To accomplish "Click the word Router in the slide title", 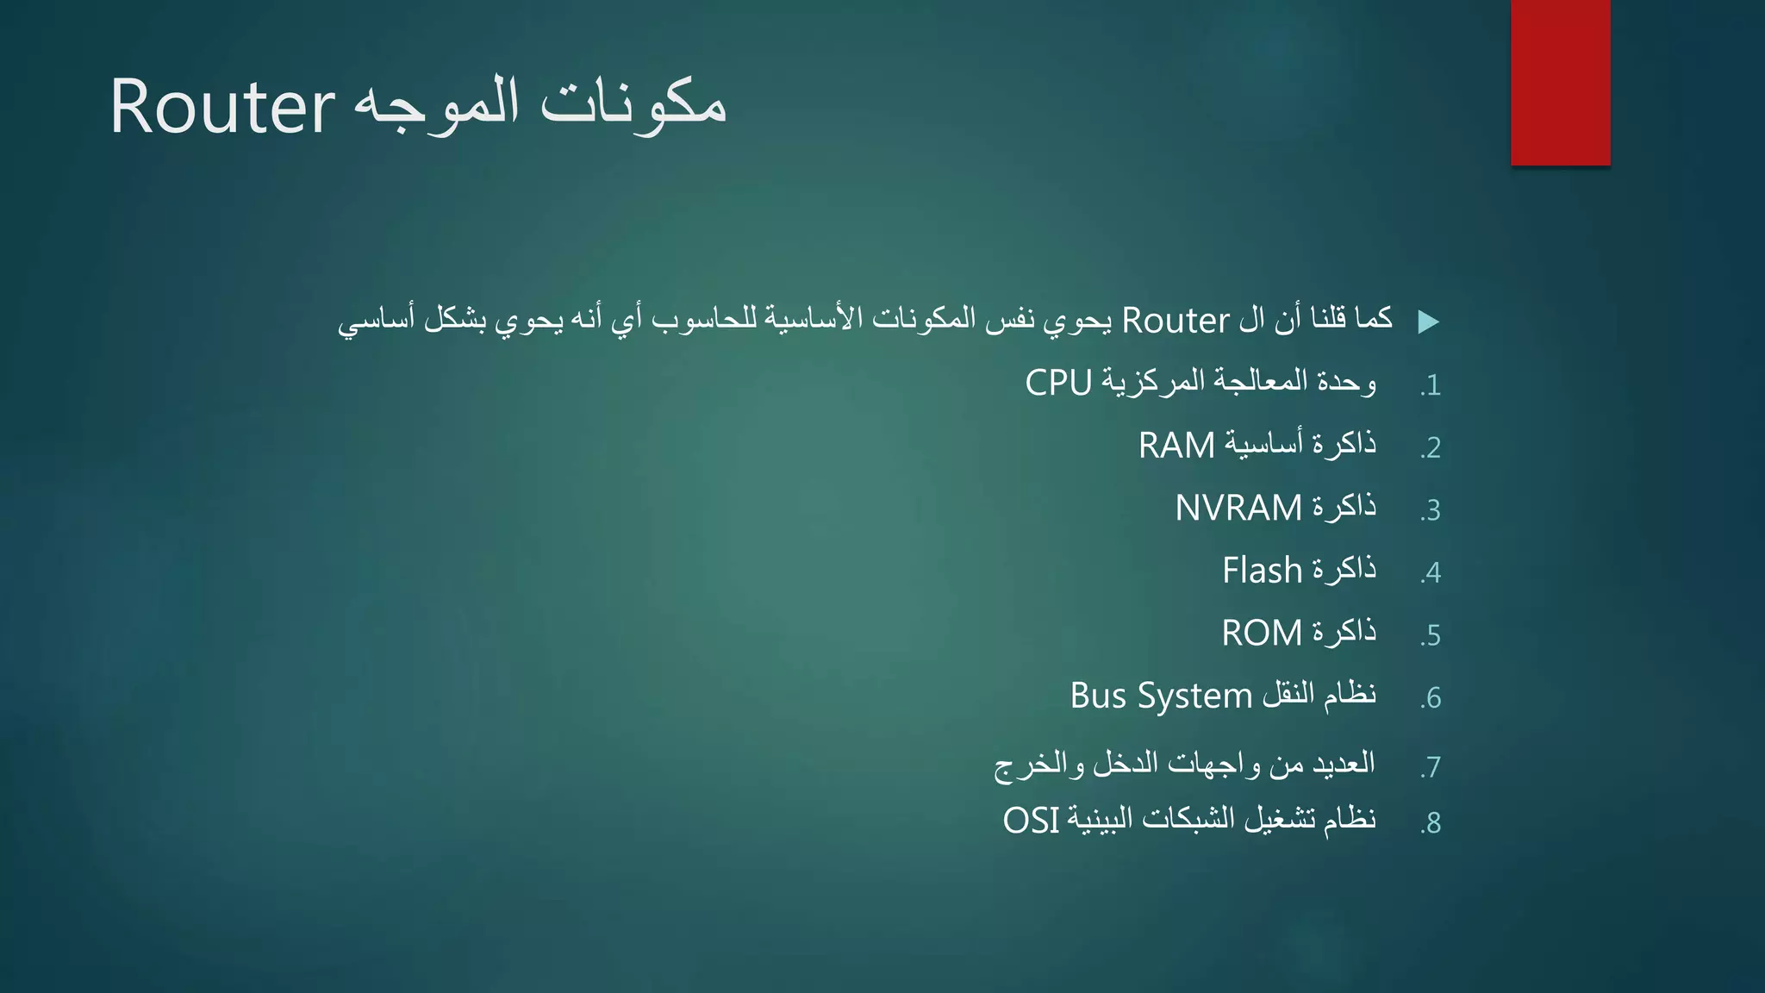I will [x=221, y=107].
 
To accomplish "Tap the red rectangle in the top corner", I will [x=1560, y=82].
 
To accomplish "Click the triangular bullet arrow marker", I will [x=1428, y=322].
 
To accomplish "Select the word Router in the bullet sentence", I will [x=1175, y=321].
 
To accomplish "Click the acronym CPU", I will [x=1058, y=383].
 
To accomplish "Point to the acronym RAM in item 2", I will [x=1176, y=446].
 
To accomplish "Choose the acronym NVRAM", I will [x=1238, y=508].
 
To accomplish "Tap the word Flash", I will [x=1262, y=571].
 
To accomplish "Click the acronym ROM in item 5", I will [x=1262, y=634].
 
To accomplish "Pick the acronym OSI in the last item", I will [x=1031, y=821].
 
